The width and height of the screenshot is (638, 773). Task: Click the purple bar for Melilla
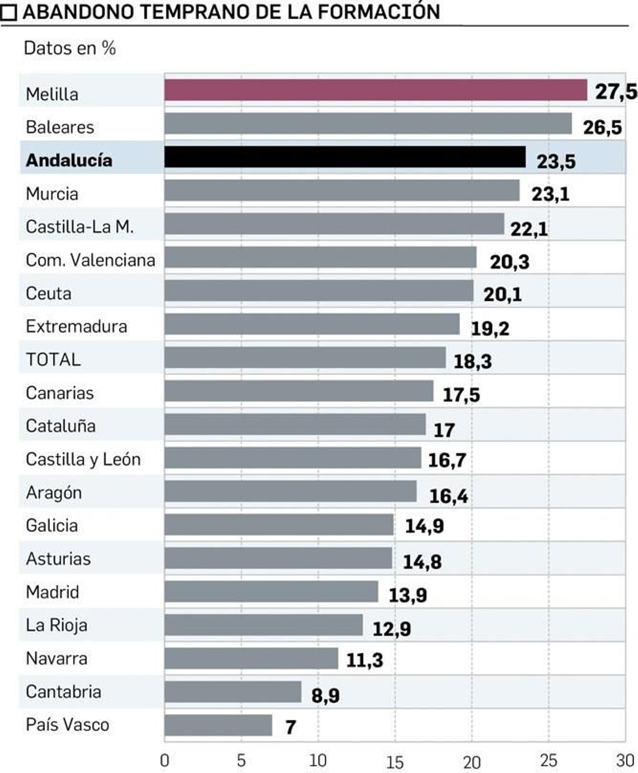376,90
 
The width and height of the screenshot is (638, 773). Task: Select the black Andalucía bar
345,157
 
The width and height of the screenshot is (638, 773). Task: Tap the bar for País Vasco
218,725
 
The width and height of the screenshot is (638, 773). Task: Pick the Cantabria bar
233,692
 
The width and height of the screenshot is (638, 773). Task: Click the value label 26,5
602,128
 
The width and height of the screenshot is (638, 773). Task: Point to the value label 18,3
473,361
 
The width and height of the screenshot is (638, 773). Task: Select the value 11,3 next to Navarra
364,660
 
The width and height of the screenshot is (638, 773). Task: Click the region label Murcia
52,194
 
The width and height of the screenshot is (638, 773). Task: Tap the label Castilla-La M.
79,227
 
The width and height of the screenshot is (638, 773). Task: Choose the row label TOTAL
53,360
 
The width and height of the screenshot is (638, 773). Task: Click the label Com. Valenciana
91,260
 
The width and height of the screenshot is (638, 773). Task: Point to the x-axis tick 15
395,762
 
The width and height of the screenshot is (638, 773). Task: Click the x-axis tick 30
625,761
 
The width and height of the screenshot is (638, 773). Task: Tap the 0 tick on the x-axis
165,761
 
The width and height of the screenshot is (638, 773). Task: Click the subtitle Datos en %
70,49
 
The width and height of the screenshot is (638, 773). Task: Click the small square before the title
8,12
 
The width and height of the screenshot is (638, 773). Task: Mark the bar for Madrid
271,592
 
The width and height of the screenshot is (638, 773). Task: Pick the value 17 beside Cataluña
444,430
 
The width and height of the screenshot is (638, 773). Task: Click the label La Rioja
57,625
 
